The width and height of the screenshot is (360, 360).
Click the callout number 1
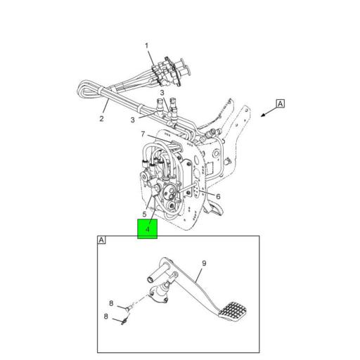(148, 46)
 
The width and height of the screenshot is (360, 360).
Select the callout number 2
(101, 118)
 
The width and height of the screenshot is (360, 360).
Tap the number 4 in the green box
(148, 229)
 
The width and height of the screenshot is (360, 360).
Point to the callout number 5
(144, 214)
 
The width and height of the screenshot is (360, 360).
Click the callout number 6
(218, 196)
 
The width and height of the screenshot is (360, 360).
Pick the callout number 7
(143, 134)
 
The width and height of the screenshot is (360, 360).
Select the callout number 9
(203, 264)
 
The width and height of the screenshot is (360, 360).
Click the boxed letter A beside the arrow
(280, 103)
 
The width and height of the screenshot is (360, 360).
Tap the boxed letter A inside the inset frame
(102, 240)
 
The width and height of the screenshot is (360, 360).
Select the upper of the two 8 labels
(110, 303)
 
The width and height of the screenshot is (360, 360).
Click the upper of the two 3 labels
(161, 93)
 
